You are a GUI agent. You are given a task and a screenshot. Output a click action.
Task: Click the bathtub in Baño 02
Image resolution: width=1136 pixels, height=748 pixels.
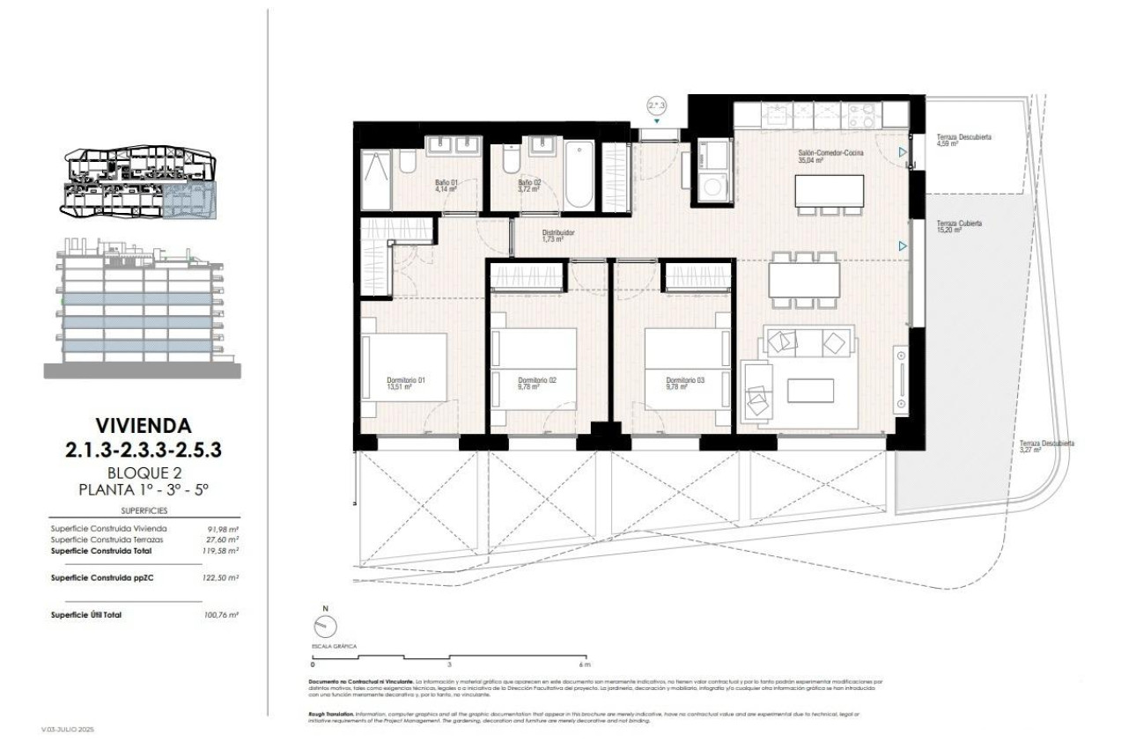click(x=579, y=173)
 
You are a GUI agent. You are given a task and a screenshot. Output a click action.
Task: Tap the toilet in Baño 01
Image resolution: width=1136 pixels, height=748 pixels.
click(x=406, y=163)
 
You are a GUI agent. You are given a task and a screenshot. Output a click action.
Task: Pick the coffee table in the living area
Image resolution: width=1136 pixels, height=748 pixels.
click(x=810, y=390)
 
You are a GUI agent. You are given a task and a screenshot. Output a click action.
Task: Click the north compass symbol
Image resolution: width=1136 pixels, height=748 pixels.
click(x=323, y=624)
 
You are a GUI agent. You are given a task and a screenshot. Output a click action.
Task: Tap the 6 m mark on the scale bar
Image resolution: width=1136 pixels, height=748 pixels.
click(x=584, y=664)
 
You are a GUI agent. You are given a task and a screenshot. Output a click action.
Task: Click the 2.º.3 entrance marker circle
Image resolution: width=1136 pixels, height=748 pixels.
click(x=656, y=105)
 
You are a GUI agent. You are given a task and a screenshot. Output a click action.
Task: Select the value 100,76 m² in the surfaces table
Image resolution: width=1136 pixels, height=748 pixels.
click(x=221, y=615)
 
